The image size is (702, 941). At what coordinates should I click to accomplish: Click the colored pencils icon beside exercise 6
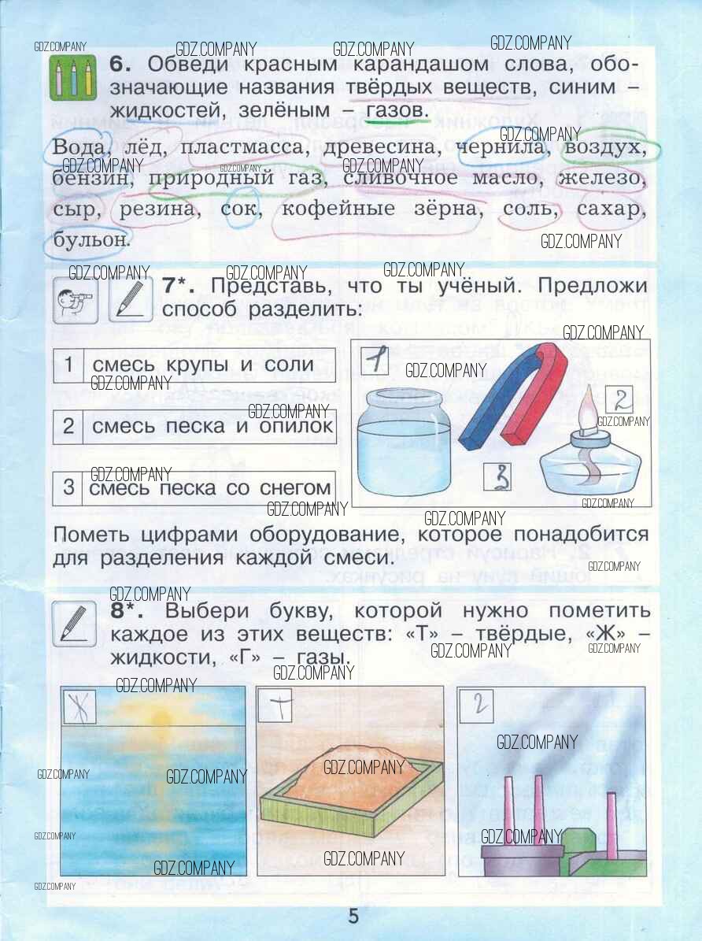[73, 78]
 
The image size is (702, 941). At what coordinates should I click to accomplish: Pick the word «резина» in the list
[157, 209]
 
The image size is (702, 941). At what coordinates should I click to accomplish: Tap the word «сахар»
[609, 209]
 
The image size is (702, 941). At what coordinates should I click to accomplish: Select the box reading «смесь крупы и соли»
[194, 365]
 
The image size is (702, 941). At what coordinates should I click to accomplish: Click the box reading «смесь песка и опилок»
[194, 426]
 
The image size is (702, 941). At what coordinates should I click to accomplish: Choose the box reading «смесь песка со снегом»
[194, 488]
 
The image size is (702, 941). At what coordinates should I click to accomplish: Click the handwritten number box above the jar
[375, 360]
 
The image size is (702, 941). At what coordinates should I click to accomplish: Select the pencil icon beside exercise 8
[79, 623]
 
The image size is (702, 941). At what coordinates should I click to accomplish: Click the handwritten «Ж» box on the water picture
[79, 705]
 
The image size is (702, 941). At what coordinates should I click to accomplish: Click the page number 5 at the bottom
[352, 916]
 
